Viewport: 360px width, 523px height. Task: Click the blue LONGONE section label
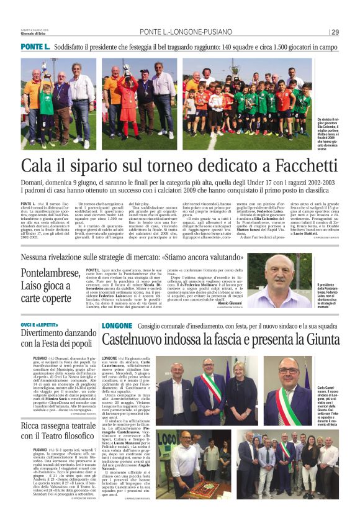pos(117,325)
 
